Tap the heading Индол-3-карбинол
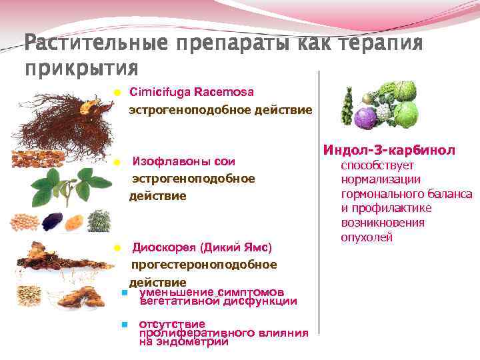(389, 151)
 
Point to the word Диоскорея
(164, 248)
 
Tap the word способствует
(377, 165)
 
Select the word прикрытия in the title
(81, 68)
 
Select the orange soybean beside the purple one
(73, 221)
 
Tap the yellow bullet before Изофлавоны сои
(116, 162)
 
